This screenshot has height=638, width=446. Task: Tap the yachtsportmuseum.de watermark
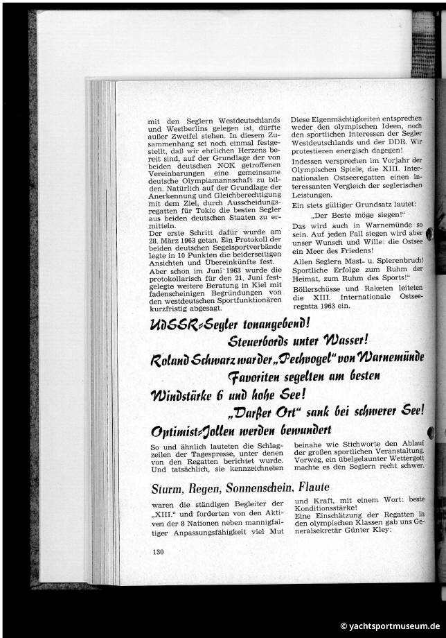coord(389,626)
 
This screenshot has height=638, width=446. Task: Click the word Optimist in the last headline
coord(175,431)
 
